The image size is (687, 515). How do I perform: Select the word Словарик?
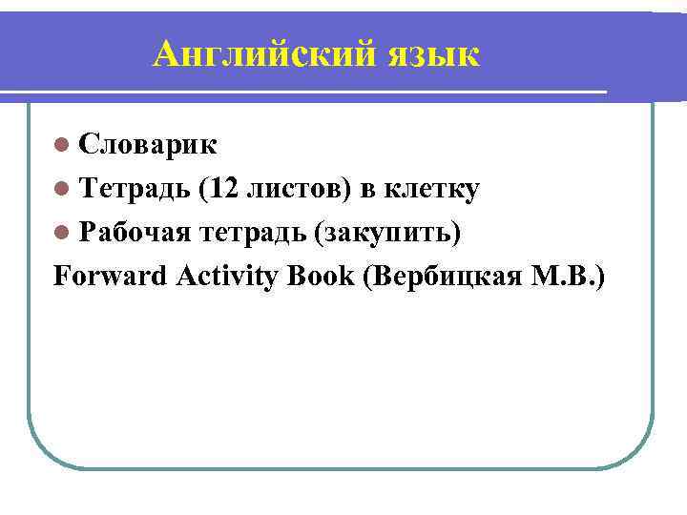[148, 144]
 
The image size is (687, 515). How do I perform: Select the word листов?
[295, 189]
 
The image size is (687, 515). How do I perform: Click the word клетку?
[429, 189]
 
